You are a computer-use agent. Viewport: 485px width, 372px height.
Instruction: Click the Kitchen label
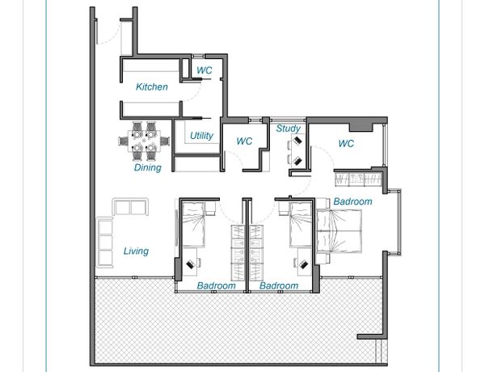(152, 87)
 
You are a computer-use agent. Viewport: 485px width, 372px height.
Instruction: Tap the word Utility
(201, 136)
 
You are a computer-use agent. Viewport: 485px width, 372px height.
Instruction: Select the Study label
(289, 128)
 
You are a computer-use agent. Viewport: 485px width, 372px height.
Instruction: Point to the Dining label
(148, 167)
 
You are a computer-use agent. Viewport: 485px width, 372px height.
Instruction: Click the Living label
(136, 251)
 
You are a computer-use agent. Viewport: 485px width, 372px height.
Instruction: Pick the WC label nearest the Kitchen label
(205, 70)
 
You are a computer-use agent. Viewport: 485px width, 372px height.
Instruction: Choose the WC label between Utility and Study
(244, 142)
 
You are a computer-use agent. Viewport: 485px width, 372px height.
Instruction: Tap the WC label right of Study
(346, 143)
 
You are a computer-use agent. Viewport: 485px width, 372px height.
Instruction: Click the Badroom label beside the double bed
(352, 201)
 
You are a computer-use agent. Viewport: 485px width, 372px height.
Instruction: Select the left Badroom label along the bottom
(216, 285)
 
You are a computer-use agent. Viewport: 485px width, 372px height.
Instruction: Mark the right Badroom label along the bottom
(279, 285)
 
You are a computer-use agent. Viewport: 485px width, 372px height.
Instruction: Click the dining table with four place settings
(144, 142)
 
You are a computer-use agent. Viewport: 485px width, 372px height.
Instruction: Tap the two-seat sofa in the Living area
(130, 206)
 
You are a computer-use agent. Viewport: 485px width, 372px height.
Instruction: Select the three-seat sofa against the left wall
(105, 242)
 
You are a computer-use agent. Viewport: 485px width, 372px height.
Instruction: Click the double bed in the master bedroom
(339, 230)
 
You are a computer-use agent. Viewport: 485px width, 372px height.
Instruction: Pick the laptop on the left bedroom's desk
(190, 264)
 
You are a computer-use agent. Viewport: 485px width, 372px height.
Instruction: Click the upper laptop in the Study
(297, 140)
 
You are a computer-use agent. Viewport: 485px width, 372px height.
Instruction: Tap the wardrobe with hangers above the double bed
(358, 180)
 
